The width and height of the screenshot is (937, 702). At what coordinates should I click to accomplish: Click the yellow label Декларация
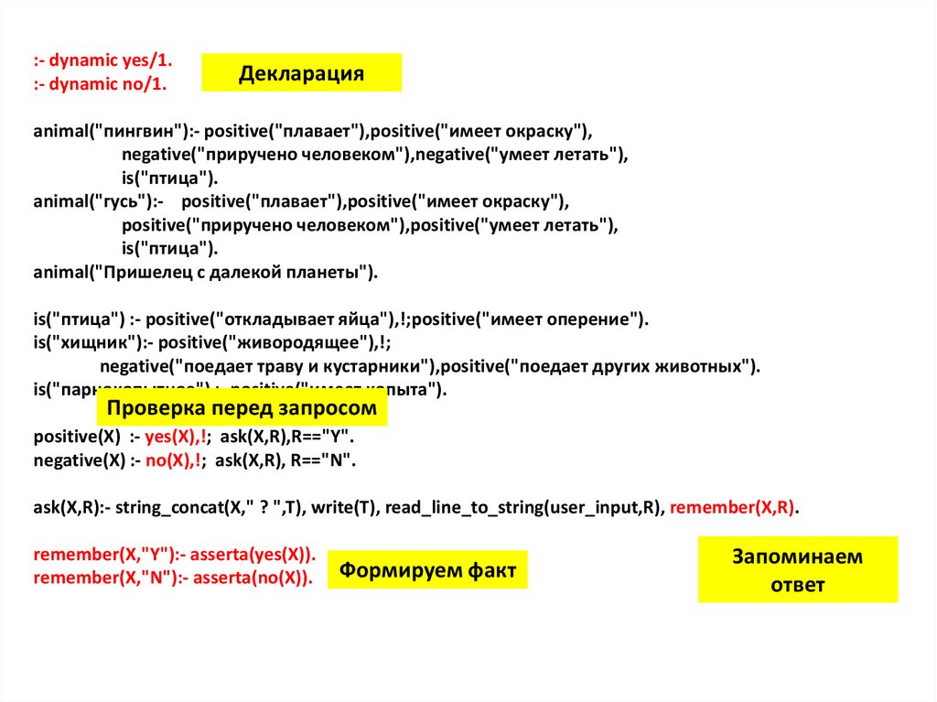(301, 73)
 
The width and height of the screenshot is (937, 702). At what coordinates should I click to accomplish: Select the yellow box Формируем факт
(428, 570)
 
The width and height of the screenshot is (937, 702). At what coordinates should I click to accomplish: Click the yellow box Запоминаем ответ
(797, 570)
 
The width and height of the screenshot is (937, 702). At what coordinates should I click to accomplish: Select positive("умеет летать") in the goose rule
(512, 225)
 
